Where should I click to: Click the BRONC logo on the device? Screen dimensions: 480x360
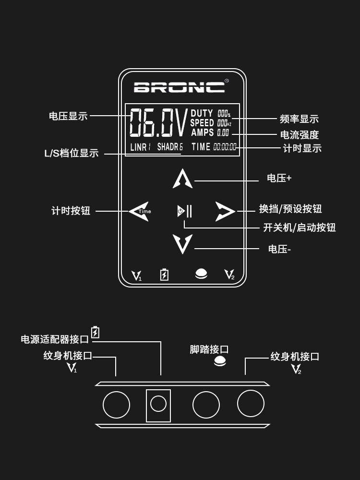click(179, 87)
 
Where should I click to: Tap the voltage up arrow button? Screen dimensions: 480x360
click(182, 179)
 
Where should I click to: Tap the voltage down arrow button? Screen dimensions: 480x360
click(182, 244)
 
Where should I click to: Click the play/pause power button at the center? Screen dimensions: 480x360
click(184, 211)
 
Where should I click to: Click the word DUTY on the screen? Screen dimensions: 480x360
click(202, 114)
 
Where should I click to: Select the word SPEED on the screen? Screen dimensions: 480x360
click(202, 123)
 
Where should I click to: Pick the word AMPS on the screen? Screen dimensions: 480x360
click(202, 132)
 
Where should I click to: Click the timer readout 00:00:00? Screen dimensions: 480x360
click(225, 147)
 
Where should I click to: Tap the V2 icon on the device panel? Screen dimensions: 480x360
click(229, 275)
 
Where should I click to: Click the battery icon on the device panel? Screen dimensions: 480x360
click(164, 275)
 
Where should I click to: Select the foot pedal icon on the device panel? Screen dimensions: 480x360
click(201, 274)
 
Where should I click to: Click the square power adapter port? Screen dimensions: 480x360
click(158, 405)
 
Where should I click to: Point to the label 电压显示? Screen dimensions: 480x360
click(68, 116)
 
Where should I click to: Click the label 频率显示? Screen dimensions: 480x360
click(299, 119)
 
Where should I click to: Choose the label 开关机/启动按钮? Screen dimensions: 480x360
click(299, 228)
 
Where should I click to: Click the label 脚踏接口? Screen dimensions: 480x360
click(209, 349)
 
